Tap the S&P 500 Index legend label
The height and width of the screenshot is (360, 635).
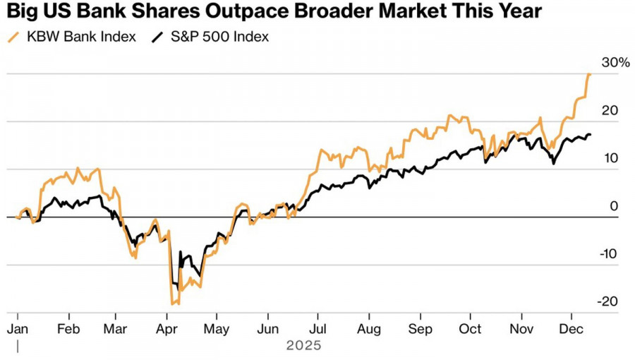click(x=220, y=37)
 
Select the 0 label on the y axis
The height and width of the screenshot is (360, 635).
click(x=614, y=206)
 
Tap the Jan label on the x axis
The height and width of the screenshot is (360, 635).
click(x=17, y=329)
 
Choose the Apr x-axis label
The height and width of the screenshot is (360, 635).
click(x=167, y=329)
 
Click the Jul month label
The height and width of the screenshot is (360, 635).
click(x=318, y=329)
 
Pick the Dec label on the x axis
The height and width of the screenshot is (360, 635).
click(x=569, y=329)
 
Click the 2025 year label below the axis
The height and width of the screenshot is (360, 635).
click(x=303, y=346)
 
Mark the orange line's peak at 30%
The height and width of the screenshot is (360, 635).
click(x=589, y=74)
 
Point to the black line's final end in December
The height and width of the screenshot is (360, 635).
click(x=591, y=134)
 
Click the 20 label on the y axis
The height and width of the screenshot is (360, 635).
click(x=610, y=110)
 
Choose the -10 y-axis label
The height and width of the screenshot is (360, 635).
click(x=608, y=254)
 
